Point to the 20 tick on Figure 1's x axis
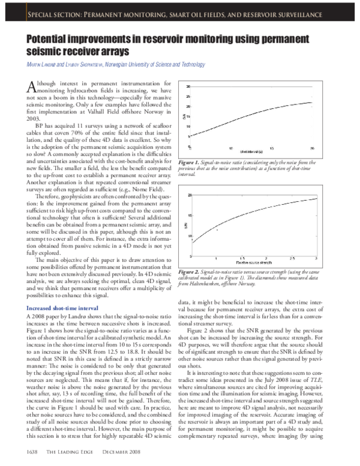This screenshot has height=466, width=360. tap(329, 148)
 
